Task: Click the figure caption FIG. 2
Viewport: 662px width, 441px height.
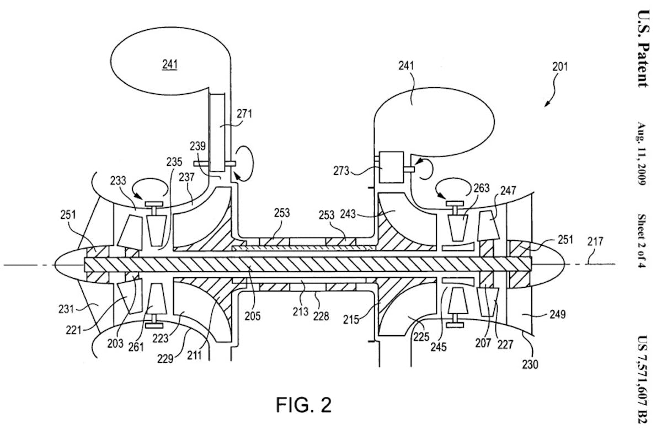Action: point(303,405)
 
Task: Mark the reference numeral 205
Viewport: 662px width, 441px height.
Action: point(254,316)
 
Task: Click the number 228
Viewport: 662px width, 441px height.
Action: point(321,316)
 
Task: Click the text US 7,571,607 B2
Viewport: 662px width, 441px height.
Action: point(641,380)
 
